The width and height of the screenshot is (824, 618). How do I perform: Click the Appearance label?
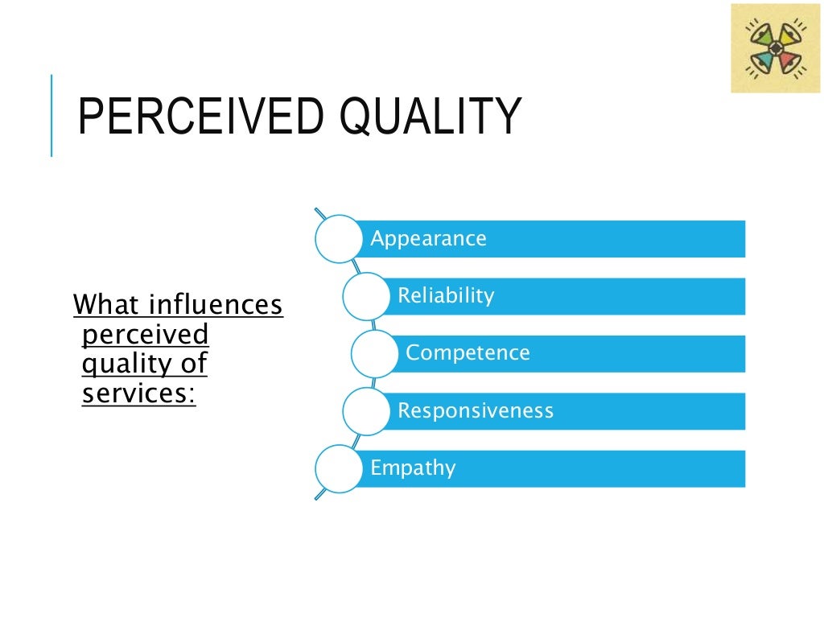tap(428, 239)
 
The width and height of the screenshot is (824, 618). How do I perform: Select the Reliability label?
tap(446, 296)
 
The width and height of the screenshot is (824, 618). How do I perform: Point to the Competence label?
tap(468, 353)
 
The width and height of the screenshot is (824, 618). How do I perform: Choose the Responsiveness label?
tap(476, 411)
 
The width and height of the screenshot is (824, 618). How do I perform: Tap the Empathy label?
tap(413, 468)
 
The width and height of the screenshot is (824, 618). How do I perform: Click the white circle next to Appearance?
tap(338, 239)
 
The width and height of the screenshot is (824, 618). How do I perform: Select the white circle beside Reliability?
tap(366, 296)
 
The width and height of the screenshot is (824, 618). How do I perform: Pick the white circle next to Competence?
tap(375, 353)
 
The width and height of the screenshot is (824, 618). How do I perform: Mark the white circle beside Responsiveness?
tap(366, 411)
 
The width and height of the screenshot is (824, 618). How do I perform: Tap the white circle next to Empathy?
tap(338, 468)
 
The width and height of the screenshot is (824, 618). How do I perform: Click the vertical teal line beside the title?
tap(51, 115)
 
